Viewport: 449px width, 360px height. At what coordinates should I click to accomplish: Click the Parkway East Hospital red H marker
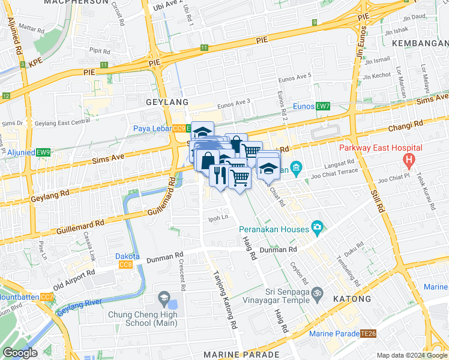410,160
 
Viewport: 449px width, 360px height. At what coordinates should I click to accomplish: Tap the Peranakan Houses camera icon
317,228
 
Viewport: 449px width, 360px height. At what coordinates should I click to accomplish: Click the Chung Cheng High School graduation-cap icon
163,298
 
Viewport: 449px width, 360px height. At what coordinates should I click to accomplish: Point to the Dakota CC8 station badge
125,265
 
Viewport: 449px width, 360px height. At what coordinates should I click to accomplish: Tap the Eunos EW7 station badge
323,106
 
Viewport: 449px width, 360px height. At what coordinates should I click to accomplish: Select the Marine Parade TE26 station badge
368,334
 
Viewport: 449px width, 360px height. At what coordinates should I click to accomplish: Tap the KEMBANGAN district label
420,43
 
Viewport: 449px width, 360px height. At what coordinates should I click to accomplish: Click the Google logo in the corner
20,352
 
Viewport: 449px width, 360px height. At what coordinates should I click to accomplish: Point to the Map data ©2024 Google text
411,355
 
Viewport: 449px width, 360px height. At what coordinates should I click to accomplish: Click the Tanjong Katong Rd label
223,300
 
